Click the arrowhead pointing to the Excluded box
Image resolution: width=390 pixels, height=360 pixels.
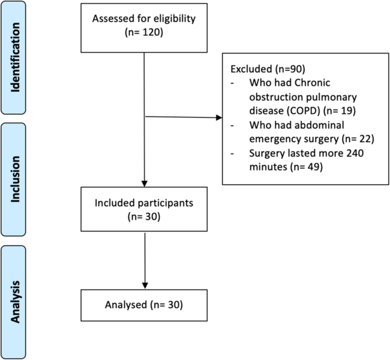[219, 119]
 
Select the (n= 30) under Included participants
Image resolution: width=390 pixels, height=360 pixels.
[146, 216]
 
